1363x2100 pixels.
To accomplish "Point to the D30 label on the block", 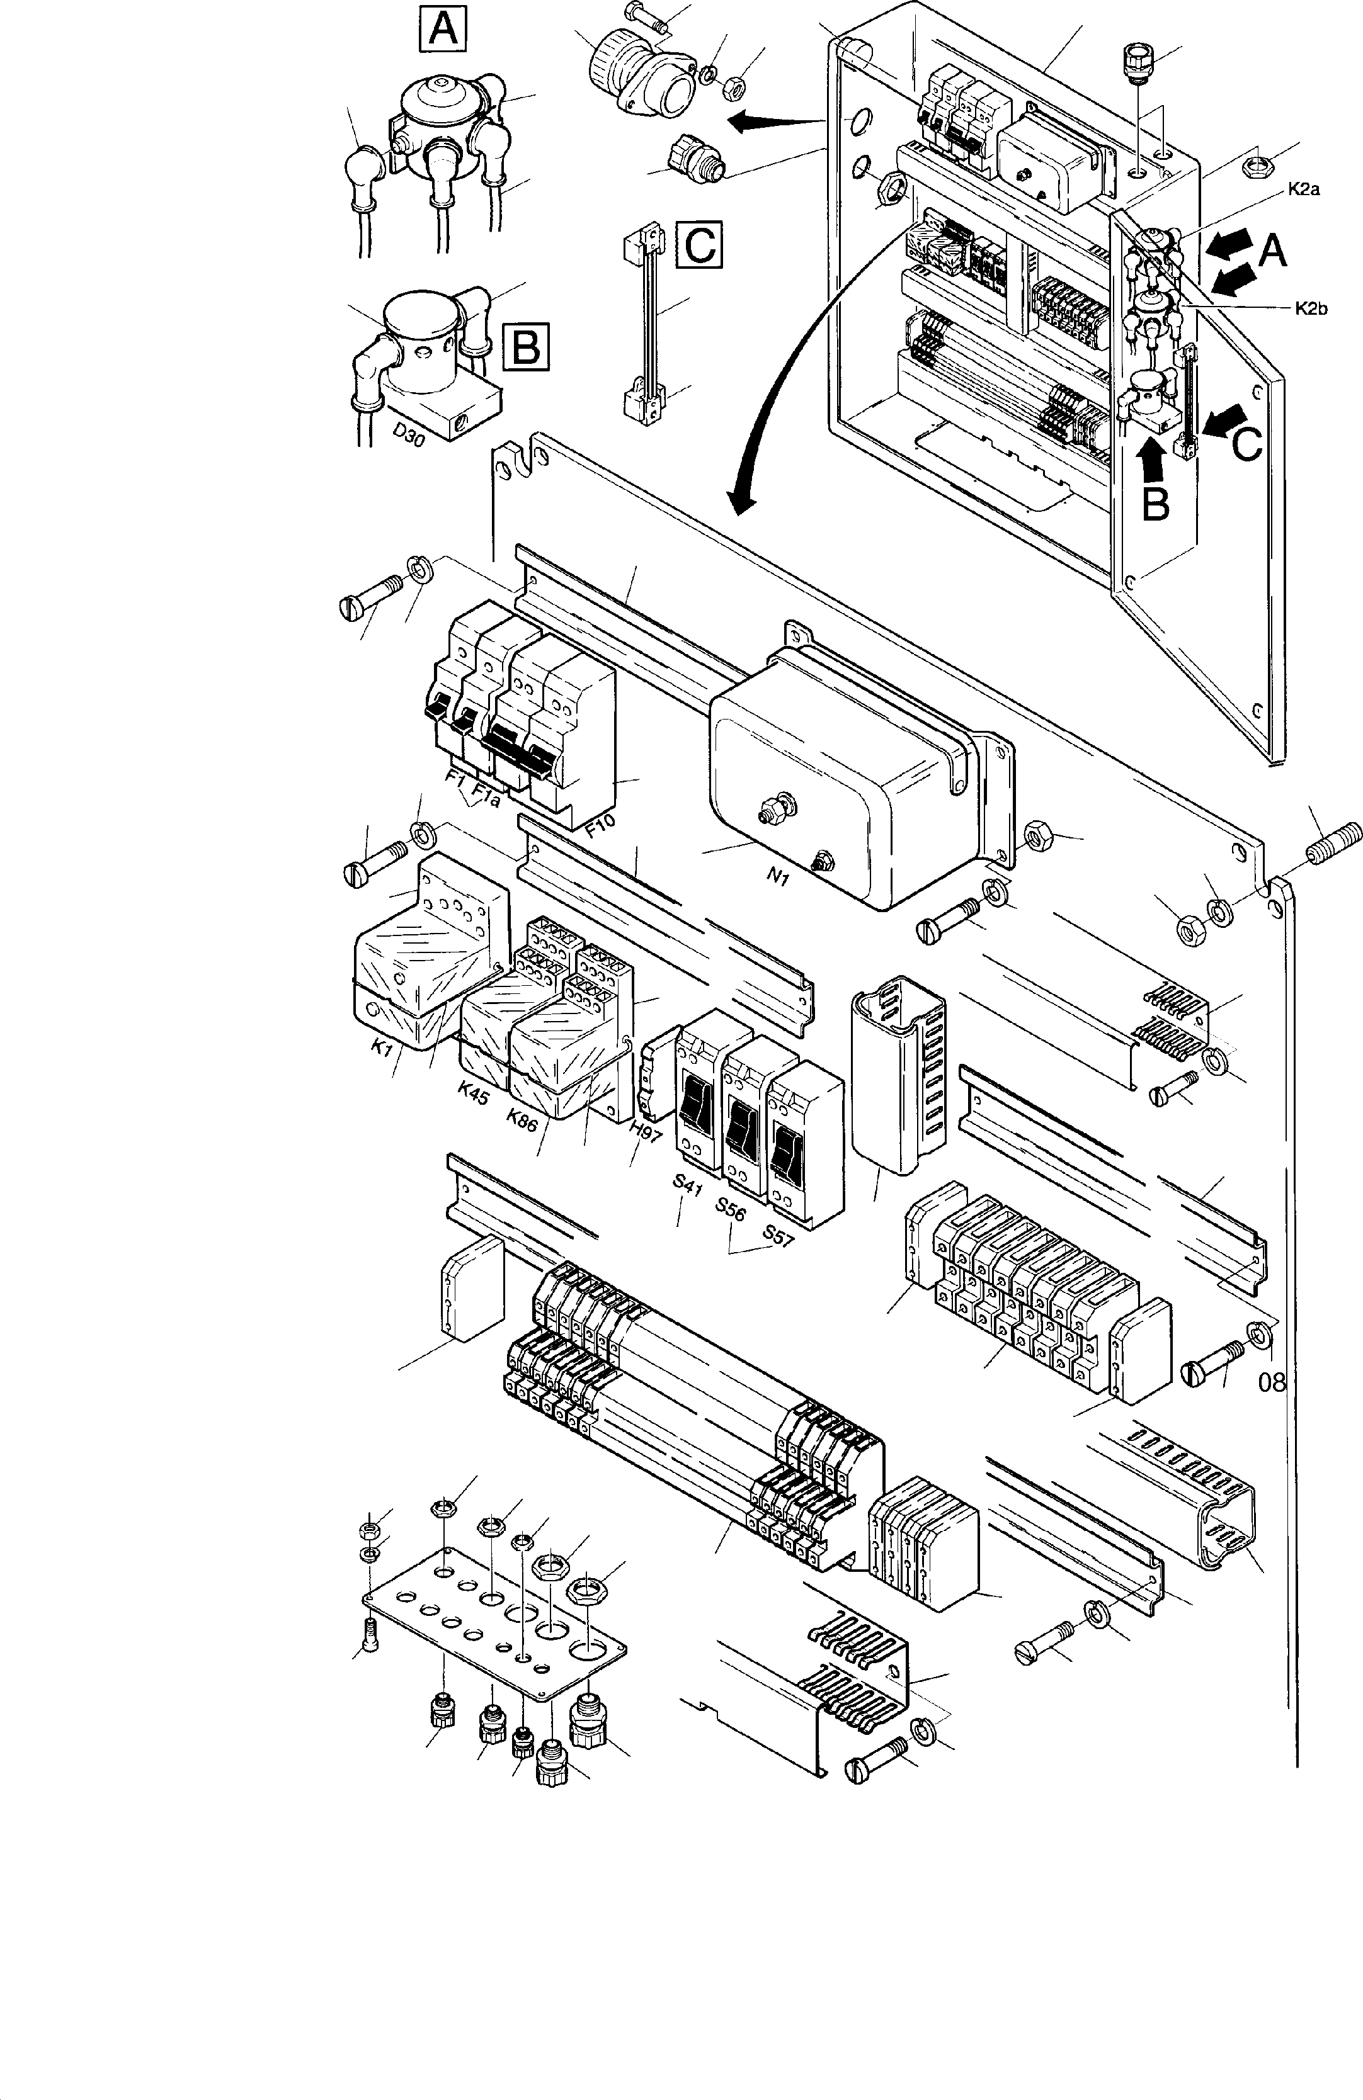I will (x=408, y=433).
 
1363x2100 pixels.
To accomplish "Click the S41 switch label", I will (x=687, y=1184).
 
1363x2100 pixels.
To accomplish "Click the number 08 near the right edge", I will (x=1272, y=1382).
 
